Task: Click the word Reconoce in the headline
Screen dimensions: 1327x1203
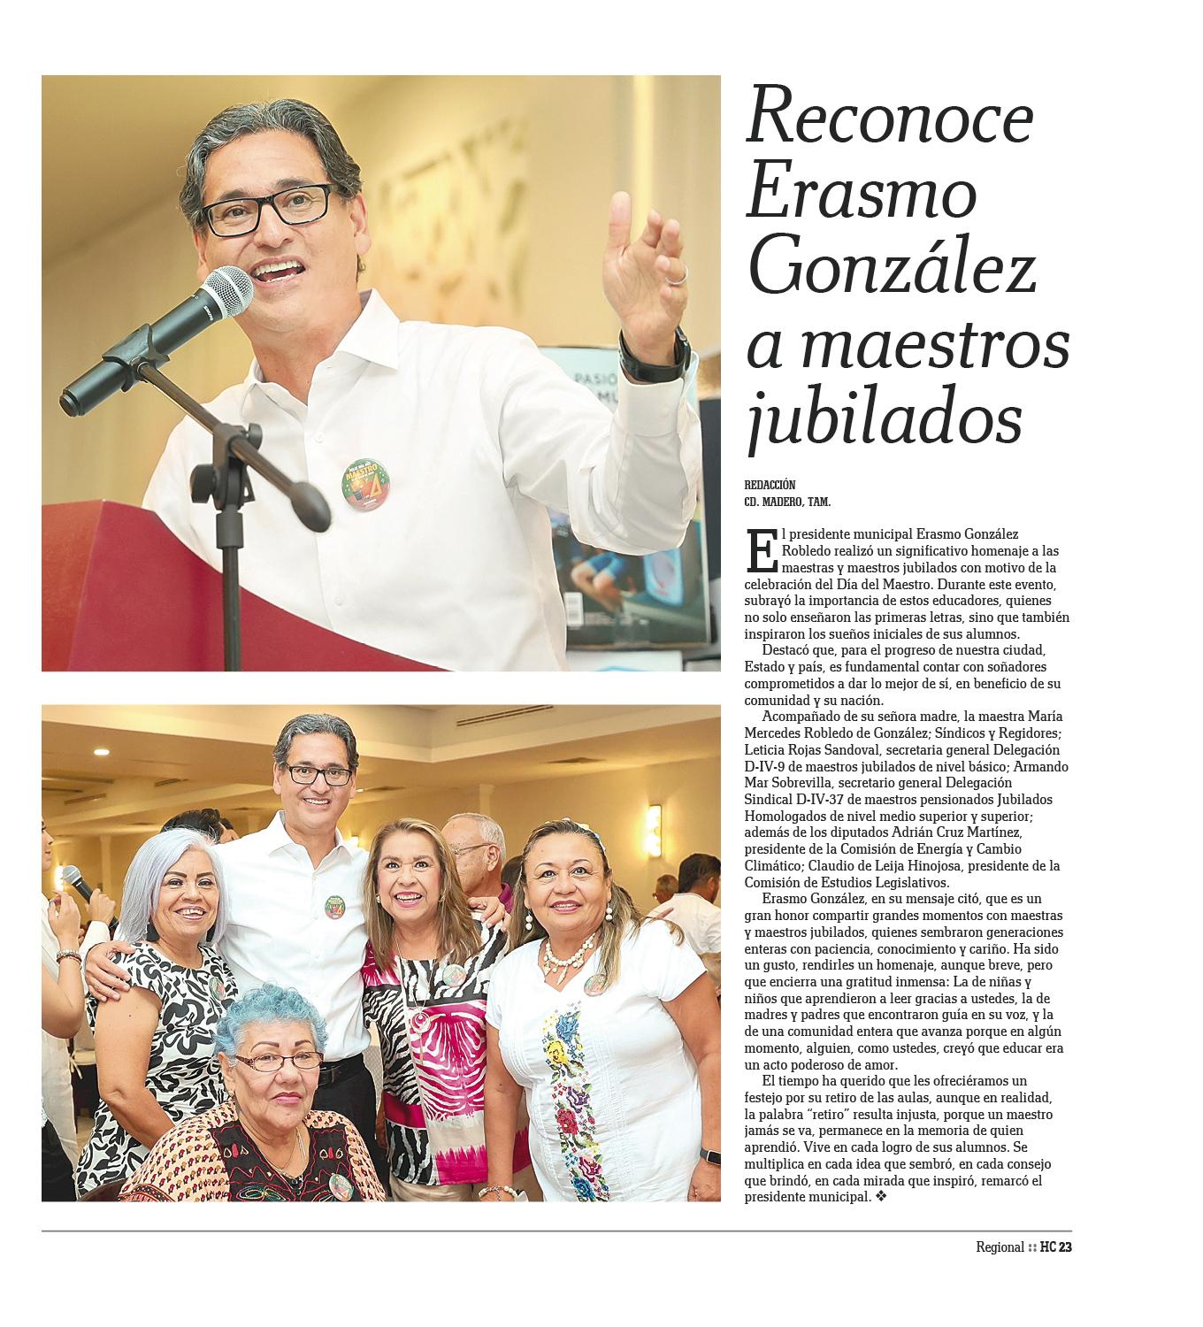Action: tap(890, 118)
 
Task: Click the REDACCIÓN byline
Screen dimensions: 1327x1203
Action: tap(770, 485)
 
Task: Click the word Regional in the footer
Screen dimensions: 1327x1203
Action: tap(1000, 1247)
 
